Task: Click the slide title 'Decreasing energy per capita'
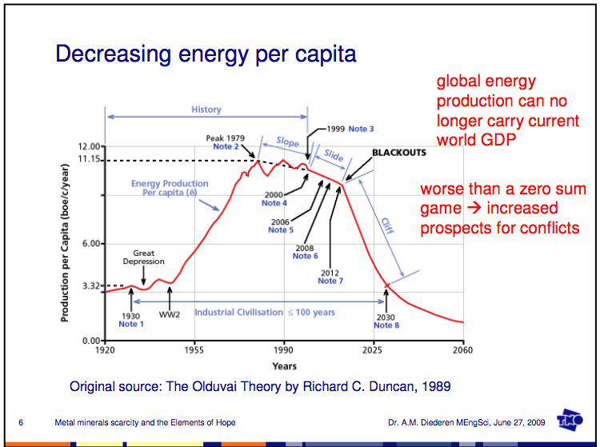[206, 54]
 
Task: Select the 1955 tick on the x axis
[194, 350]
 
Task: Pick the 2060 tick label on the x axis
[463, 350]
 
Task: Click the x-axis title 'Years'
[283, 366]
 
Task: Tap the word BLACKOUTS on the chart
[399, 152]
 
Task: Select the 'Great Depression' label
[144, 257]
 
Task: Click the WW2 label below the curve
[170, 314]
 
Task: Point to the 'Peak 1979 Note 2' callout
[226, 142]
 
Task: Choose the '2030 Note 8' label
[386, 321]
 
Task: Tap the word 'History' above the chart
[206, 110]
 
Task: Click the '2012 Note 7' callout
[330, 277]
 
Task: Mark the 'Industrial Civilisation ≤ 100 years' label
[264, 312]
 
